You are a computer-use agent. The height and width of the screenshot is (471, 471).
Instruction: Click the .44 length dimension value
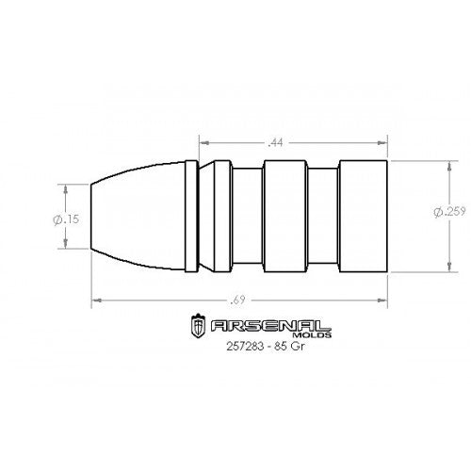point(276,142)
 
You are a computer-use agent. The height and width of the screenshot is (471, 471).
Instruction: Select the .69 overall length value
point(240,300)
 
